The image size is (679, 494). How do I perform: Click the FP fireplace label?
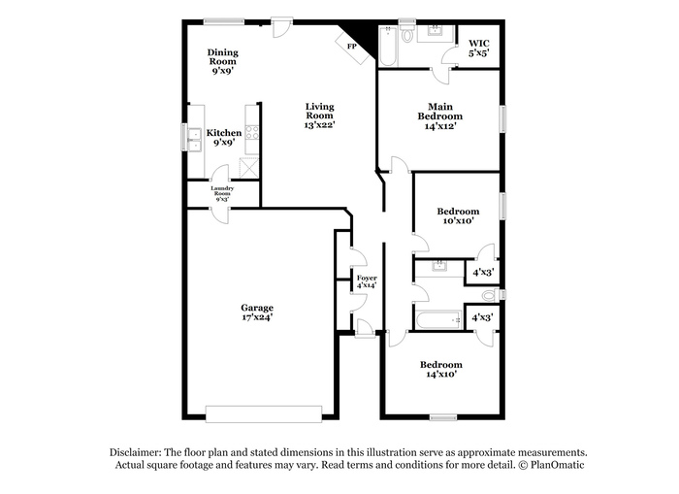tap(351, 46)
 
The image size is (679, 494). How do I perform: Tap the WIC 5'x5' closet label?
tap(479, 49)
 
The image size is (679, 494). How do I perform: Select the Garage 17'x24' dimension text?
tap(257, 317)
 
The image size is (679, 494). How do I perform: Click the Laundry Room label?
tap(222, 190)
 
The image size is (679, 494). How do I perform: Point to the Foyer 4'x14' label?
tap(367, 281)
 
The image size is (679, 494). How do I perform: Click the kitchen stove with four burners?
tap(252, 132)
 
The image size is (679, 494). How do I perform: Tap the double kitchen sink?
tap(195, 140)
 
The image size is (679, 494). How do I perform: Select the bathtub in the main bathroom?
tap(388, 46)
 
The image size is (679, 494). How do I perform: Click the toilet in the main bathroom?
tap(407, 33)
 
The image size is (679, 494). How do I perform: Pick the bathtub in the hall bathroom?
tap(439, 320)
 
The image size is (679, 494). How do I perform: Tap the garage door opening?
tap(264, 413)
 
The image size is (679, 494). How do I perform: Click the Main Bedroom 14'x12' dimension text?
tap(440, 126)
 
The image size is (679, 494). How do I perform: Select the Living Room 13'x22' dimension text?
tap(319, 125)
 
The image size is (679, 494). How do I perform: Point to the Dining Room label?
tap(223, 56)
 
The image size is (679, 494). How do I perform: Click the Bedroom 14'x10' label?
tap(441, 369)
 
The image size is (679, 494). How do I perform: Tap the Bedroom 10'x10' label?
tap(458, 215)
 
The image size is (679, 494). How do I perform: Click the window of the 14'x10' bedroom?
tap(443, 417)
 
